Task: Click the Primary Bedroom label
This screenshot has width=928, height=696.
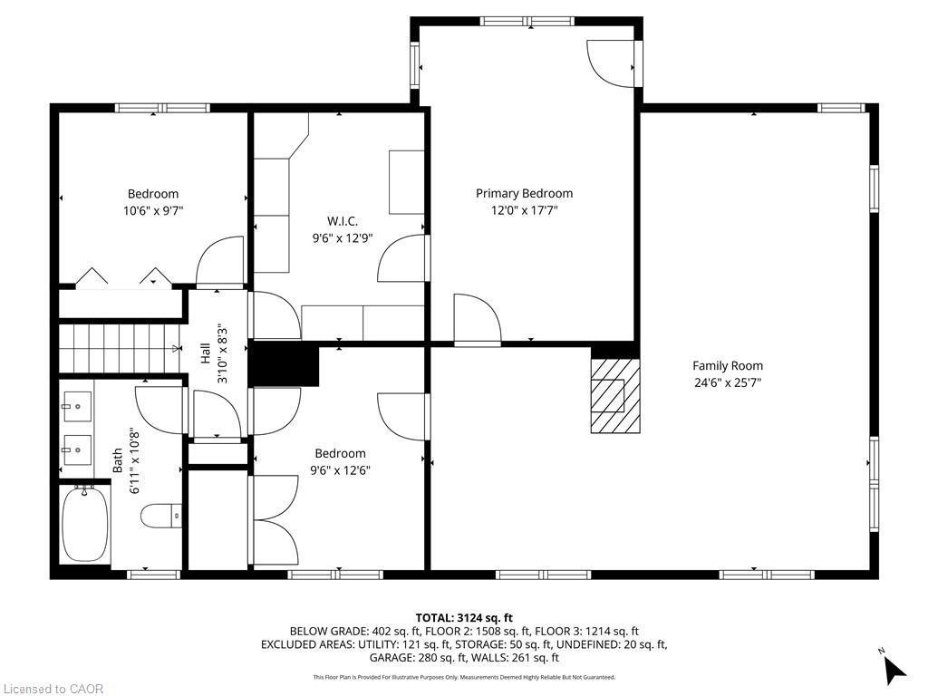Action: [x=524, y=193]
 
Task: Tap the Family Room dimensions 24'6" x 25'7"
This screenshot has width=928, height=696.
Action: [x=728, y=382]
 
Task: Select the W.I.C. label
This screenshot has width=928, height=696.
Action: [x=342, y=221]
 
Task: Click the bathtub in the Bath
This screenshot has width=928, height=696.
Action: [x=85, y=526]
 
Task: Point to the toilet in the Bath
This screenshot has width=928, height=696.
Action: [x=162, y=517]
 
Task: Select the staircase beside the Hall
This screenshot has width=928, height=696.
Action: [x=118, y=348]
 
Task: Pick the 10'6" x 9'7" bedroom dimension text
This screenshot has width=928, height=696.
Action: [x=152, y=210]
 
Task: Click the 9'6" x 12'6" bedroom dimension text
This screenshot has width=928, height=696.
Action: [x=340, y=470]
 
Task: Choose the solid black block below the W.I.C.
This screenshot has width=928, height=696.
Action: [x=284, y=365]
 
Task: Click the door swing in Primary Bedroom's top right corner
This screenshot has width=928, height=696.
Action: [x=610, y=63]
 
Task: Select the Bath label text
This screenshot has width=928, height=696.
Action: [x=117, y=462]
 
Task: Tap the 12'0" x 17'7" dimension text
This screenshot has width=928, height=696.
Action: [x=524, y=210]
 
